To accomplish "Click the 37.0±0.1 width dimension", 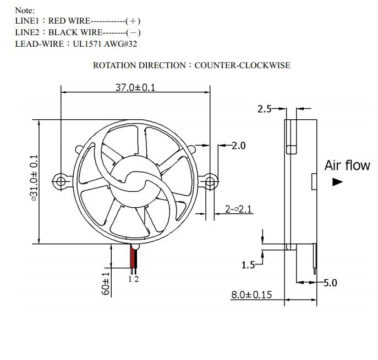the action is [135, 87].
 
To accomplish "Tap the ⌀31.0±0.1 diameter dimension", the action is [34, 178].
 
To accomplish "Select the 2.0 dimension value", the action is [239, 146].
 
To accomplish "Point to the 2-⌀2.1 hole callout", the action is [238, 209].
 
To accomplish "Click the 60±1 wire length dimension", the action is [106, 284].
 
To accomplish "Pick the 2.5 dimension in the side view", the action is [265, 109].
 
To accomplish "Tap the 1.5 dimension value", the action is [248, 265].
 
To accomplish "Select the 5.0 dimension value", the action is [330, 283].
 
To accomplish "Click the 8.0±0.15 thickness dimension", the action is [251, 295].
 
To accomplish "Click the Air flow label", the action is [347, 165].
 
